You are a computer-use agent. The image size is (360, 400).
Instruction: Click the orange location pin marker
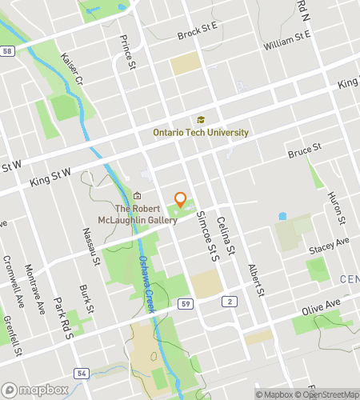(x=181, y=200)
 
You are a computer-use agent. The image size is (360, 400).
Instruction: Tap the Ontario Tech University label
(x=201, y=133)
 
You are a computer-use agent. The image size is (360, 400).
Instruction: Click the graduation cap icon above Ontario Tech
(x=201, y=119)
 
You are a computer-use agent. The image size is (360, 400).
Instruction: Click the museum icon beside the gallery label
(x=138, y=196)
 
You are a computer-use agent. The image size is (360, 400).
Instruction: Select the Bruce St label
(x=304, y=149)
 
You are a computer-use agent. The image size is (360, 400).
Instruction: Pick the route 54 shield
(x=82, y=350)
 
